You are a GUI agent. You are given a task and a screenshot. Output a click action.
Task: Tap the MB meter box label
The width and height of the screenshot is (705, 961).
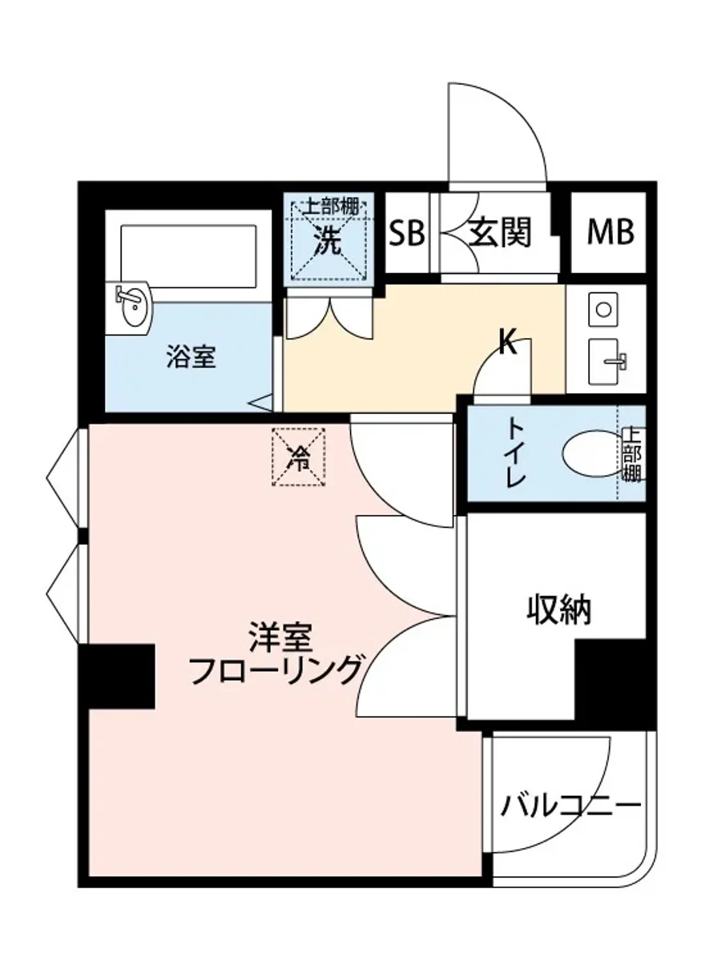point(610,232)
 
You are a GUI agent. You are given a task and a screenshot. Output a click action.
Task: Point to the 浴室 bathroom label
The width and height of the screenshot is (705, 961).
point(191,357)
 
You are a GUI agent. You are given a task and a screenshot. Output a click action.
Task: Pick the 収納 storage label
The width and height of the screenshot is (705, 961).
point(558,610)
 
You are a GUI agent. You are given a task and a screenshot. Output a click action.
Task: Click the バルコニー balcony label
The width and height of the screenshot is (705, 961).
point(571,805)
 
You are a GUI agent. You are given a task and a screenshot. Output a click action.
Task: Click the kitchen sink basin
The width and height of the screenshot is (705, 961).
point(606,362)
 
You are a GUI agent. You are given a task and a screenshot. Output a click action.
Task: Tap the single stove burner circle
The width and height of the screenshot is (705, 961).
point(604,308)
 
